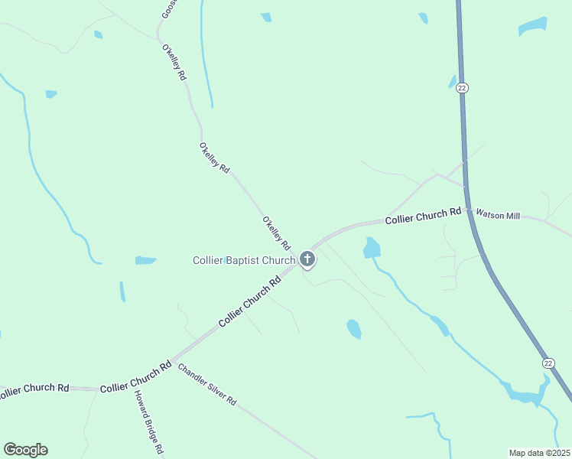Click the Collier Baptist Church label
(243, 261)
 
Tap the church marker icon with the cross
(307, 260)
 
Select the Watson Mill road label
(498, 216)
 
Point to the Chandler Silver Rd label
(207, 385)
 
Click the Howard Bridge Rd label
(149, 422)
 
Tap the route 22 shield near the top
(462, 88)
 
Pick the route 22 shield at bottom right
(548, 363)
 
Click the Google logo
(25, 450)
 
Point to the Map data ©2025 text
(540, 452)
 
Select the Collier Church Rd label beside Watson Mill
(423, 216)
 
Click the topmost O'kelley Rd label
(174, 63)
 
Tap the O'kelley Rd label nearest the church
(276, 234)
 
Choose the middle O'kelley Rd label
(214, 158)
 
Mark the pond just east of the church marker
(372, 248)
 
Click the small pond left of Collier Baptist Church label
(145, 261)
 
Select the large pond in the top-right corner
(532, 27)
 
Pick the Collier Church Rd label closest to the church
(250, 301)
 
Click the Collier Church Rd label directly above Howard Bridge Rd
(135, 378)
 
